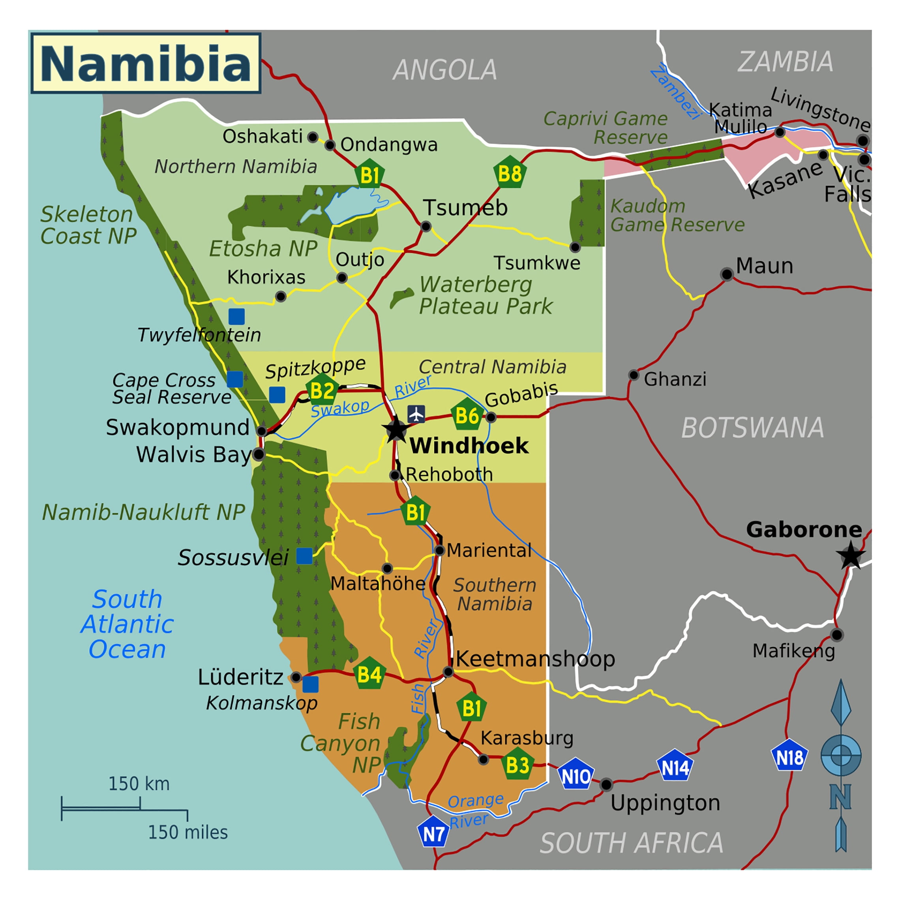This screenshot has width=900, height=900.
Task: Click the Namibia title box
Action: tap(146, 63)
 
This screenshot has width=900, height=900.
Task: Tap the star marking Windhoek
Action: tap(396, 430)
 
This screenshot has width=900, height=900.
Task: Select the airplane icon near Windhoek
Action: tap(416, 414)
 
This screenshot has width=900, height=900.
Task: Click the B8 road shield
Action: tap(510, 173)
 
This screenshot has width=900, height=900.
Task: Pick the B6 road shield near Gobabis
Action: tap(467, 414)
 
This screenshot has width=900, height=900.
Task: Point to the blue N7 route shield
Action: tap(433, 833)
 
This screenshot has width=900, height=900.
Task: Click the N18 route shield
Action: tap(789, 757)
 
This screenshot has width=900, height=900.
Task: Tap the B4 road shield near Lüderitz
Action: tap(369, 674)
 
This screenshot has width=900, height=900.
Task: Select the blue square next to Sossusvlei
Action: tap(304, 556)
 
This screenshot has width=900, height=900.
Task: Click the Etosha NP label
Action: tap(263, 248)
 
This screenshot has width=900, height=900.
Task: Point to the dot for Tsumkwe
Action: tap(575, 247)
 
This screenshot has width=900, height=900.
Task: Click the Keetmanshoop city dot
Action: tap(448, 671)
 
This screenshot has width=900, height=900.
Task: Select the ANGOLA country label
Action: tap(444, 70)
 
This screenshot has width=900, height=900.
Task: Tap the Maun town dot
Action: tap(726, 274)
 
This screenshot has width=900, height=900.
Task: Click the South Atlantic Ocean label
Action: tap(127, 624)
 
